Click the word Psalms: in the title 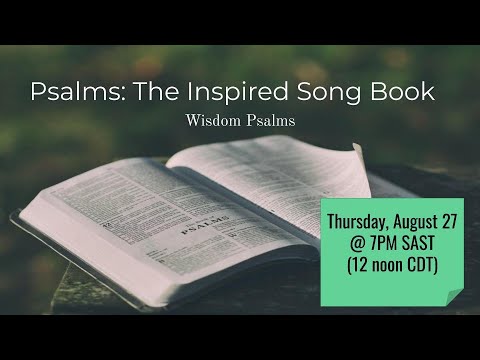click(x=76, y=93)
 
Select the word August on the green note click(x=423, y=220)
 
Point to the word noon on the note click(x=400, y=267)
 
